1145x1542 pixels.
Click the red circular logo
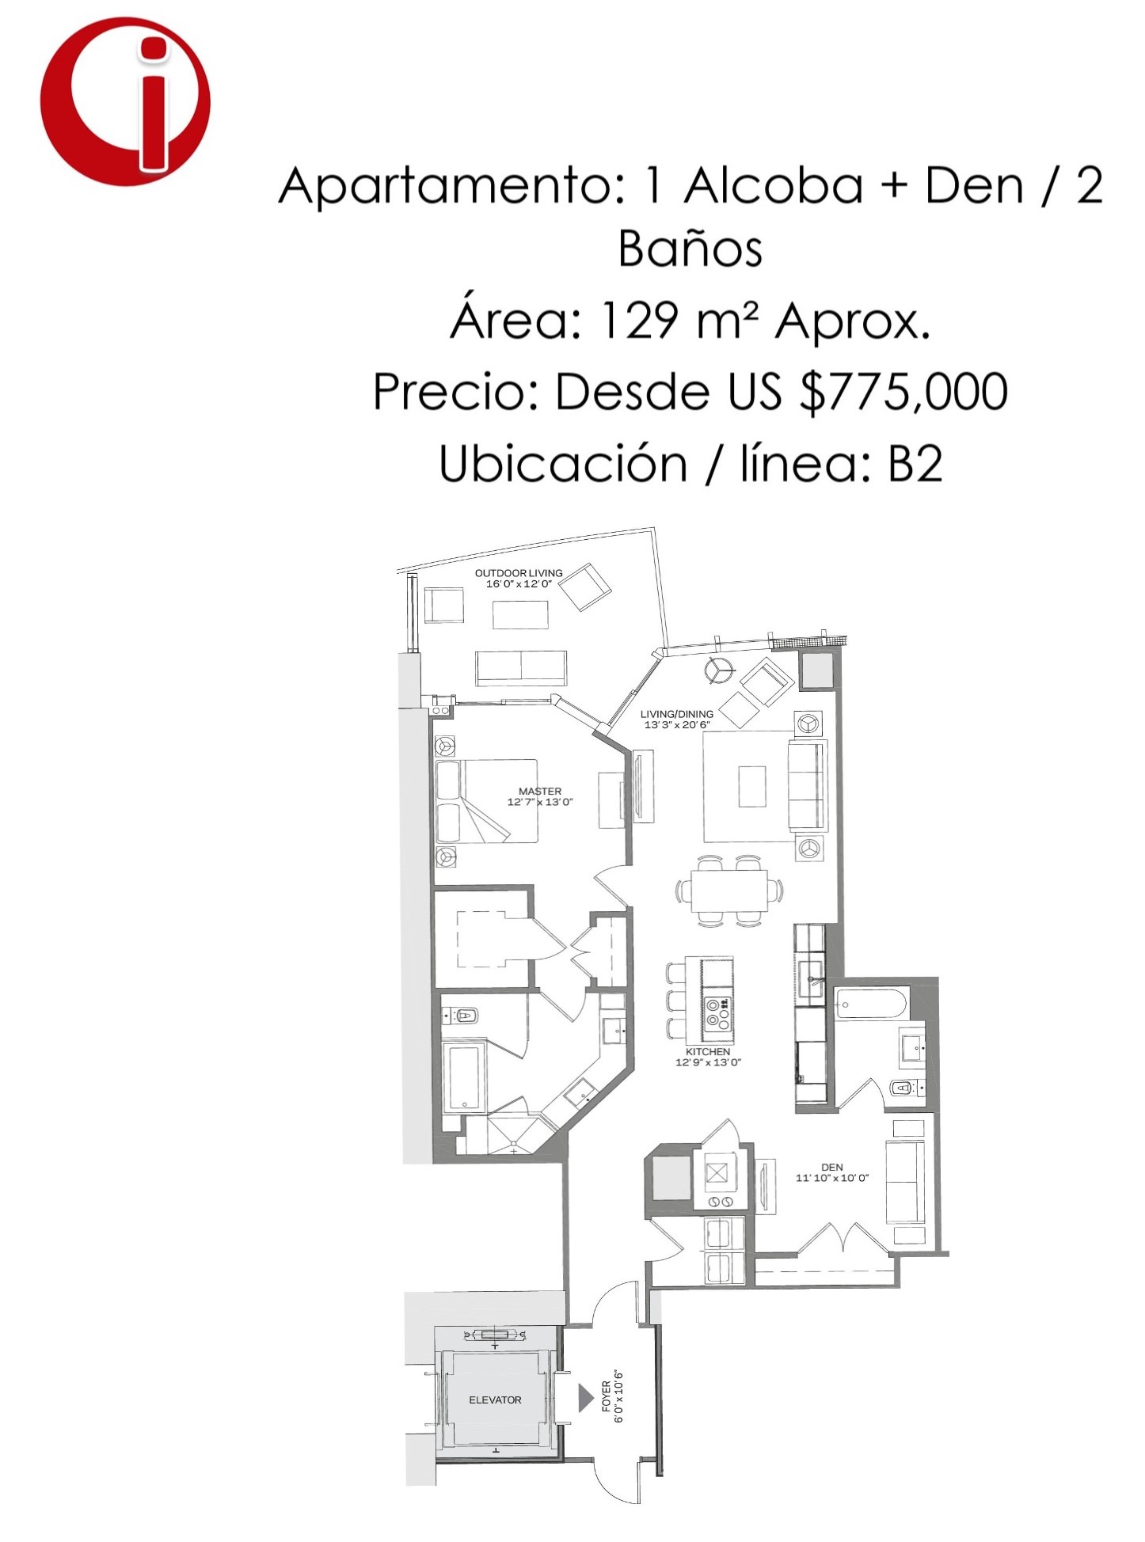(x=125, y=101)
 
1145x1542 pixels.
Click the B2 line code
(x=915, y=464)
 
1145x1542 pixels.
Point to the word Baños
(x=690, y=249)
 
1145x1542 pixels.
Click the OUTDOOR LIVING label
(x=519, y=573)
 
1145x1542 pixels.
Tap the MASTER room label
(x=540, y=791)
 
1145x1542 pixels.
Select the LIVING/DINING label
(x=677, y=714)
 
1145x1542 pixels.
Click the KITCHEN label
(x=708, y=1051)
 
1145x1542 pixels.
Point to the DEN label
(x=832, y=1167)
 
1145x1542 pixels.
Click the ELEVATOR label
(x=495, y=1400)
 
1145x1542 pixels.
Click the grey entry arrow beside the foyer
(x=585, y=1397)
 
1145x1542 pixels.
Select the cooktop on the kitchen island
(x=717, y=1014)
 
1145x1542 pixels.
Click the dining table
(x=729, y=891)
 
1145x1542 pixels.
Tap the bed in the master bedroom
(x=487, y=801)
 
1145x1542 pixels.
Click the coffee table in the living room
(x=752, y=785)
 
